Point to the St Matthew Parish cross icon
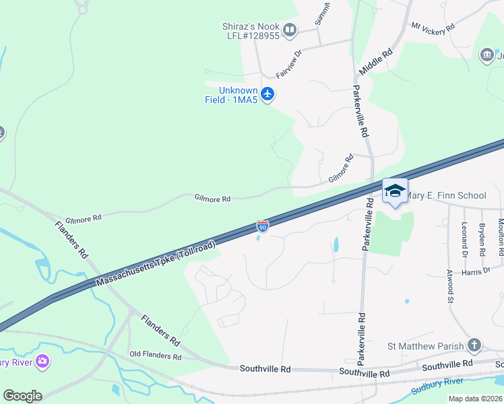474,346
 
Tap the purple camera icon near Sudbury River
43,362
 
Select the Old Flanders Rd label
156,356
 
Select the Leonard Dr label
464,240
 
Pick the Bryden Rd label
482,240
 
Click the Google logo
22,396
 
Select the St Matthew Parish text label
426,347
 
